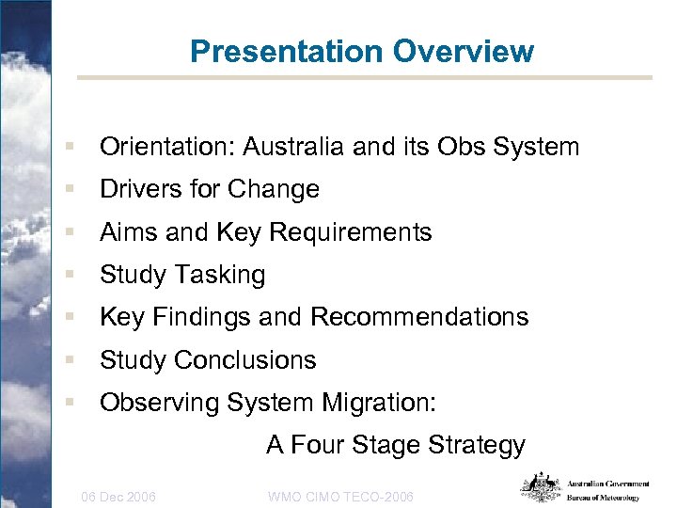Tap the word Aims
(x=129, y=232)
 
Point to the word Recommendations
(x=419, y=317)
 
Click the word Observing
(x=159, y=403)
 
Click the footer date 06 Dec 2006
(x=119, y=496)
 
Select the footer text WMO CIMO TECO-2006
(x=340, y=496)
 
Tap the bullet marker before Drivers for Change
(x=71, y=190)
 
